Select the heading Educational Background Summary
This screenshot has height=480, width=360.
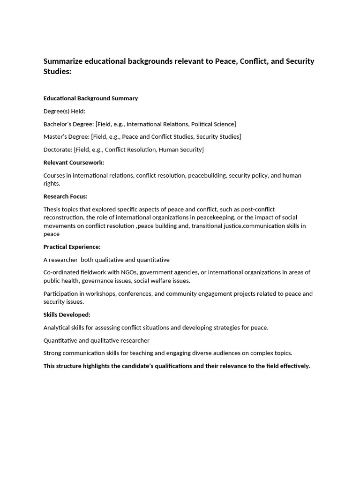pyautogui.click(x=90, y=98)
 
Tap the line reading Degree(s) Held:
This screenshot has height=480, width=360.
pyautogui.click(x=64, y=111)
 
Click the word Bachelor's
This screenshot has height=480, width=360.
pyautogui.click(x=57, y=124)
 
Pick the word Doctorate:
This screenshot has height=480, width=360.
pyautogui.click(x=58, y=150)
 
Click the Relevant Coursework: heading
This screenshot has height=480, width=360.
pyautogui.click(x=74, y=163)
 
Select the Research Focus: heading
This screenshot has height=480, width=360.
pyautogui.click(x=65, y=196)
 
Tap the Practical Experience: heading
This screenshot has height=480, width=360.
pyautogui.click(x=72, y=247)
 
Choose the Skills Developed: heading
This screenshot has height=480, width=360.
pyautogui.click(x=67, y=315)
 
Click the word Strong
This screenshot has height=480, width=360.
pyautogui.click(x=52, y=353)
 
